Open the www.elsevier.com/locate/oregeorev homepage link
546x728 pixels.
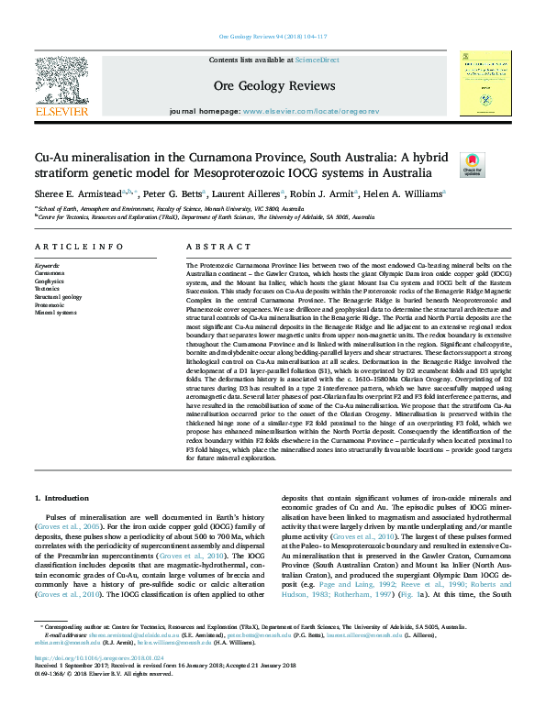(310, 111)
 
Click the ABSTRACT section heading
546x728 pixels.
(206, 248)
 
